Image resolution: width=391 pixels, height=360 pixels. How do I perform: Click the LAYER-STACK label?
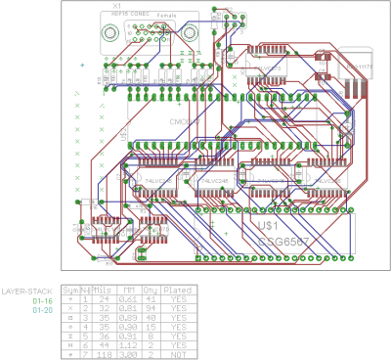27,292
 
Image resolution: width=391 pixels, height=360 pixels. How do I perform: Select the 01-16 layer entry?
41,300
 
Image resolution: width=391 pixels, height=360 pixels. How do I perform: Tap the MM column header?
129,291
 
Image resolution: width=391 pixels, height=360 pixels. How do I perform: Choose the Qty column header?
150,291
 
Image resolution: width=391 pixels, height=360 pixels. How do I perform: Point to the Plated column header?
177,291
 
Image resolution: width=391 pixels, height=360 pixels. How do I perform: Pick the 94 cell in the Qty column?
151,307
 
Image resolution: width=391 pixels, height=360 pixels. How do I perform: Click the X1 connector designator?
116,7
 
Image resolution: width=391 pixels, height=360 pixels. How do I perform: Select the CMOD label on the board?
182,121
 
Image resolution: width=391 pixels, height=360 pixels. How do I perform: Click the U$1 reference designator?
269,224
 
